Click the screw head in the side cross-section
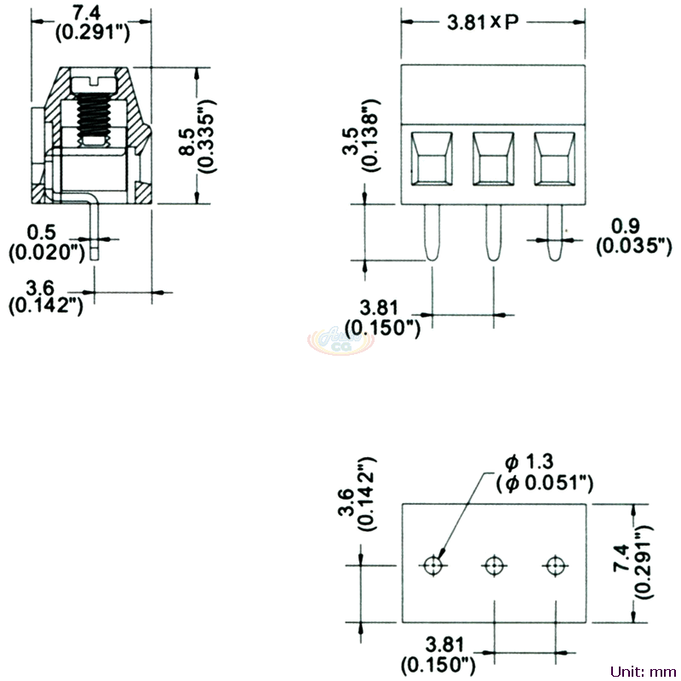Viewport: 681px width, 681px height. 95,83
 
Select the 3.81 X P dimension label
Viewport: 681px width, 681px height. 483,23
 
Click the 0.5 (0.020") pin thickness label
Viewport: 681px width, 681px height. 45,242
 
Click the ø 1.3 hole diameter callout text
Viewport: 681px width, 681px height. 544,472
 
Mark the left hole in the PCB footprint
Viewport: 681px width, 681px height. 434,565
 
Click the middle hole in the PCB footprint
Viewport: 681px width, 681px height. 494,565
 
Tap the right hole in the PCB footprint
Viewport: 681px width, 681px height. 555,565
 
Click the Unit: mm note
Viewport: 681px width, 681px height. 643,670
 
